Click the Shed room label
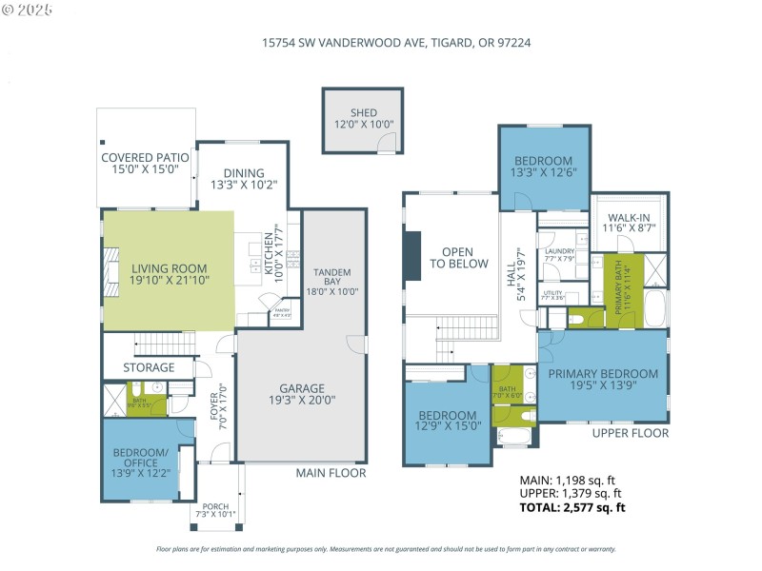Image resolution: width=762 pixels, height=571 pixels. [363, 113]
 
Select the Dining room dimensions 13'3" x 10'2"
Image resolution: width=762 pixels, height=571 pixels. [243, 186]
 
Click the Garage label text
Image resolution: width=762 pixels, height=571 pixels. [301, 388]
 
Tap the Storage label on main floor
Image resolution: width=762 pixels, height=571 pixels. [149, 367]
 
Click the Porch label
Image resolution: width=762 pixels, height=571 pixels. [214, 506]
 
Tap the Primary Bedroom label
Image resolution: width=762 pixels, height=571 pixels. [602, 374]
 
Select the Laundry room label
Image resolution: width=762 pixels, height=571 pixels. [560, 251]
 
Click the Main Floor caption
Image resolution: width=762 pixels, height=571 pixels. [331, 473]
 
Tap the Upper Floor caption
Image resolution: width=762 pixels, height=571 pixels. [630, 433]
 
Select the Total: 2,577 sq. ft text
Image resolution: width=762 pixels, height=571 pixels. [571, 508]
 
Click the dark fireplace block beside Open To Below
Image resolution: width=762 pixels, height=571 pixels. [411, 255]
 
